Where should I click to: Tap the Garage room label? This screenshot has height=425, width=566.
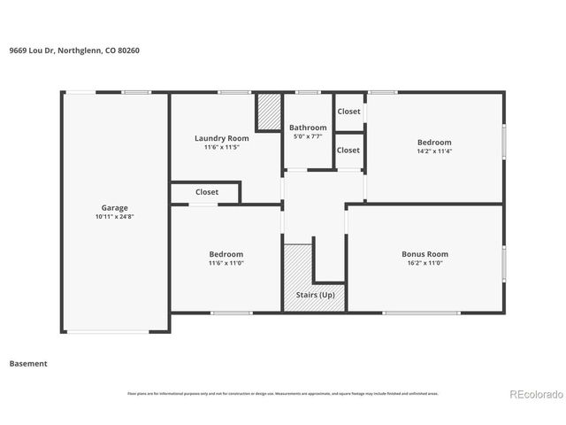coord(114,207)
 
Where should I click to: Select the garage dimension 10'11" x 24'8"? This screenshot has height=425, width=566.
coord(114,216)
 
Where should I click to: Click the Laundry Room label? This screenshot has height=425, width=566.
coord(221,138)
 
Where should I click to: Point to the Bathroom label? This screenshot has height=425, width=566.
coord(308,127)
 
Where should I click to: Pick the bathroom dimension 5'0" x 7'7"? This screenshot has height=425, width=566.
coord(308,136)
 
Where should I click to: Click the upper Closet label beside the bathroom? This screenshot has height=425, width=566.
coord(348,112)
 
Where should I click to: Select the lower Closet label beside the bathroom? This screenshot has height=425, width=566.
coord(348,150)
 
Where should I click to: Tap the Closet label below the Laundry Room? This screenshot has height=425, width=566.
coord(207,191)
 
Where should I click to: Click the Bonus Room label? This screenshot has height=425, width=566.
coord(424,254)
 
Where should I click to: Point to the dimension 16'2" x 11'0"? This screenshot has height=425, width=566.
coord(424,263)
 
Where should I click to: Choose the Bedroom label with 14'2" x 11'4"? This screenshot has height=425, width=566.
coord(434,142)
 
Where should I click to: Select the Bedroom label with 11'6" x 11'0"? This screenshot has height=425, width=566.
coord(226,254)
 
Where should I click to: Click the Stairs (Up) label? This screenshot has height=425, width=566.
coord(314,294)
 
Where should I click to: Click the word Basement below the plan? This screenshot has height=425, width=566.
coord(28,363)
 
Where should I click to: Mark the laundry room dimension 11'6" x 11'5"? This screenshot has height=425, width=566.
coord(221,147)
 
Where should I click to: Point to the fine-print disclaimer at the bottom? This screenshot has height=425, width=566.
coord(283,393)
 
